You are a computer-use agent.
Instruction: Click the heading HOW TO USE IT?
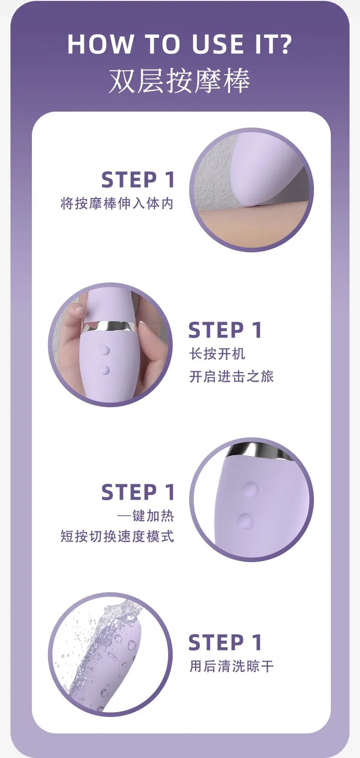[x=180, y=44]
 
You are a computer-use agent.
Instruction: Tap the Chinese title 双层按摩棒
[x=180, y=81]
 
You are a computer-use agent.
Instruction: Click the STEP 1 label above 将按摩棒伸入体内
[x=138, y=179]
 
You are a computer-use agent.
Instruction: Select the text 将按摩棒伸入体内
[x=117, y=204]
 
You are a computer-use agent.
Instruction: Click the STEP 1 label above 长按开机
[x=225, y=330]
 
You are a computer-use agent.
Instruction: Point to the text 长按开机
[x=217, y=354]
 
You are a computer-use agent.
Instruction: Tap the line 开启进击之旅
[x=231, y=376]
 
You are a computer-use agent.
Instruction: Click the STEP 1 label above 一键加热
[x=138, y=492]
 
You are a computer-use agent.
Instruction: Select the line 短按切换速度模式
[x=117, y=536]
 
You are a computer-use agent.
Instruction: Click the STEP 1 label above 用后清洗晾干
[x=225, y=642]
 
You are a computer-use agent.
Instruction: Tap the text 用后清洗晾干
[x=231, y=666]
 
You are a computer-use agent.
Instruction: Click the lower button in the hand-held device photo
[x=106, y=370]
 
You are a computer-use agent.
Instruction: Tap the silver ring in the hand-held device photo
[x=110, y=326]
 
